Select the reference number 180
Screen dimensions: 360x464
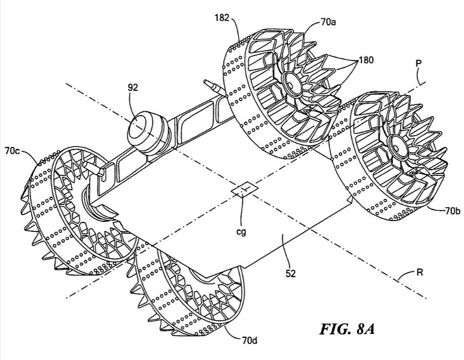pos(366,59)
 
